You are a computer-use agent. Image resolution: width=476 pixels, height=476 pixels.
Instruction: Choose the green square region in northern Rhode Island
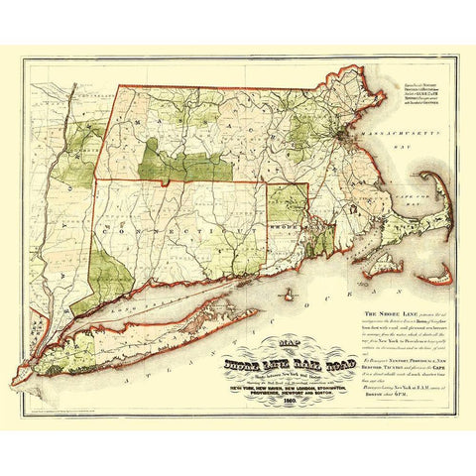pyautogui.click(x=287, y=202)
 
